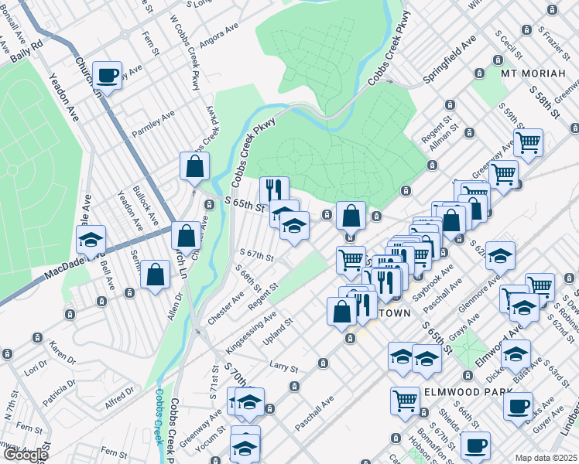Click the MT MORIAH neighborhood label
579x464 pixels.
click(x=540, y=73)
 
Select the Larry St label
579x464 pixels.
click(x=283, y=365)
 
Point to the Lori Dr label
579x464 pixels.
click(x=36, y=370)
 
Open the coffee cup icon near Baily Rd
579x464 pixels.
click(x=107, y=76)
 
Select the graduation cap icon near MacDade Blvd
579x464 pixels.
click(x=91, y=240)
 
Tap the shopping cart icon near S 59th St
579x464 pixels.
click(x=528, y=142)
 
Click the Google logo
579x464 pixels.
click(x=26, y=455)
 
